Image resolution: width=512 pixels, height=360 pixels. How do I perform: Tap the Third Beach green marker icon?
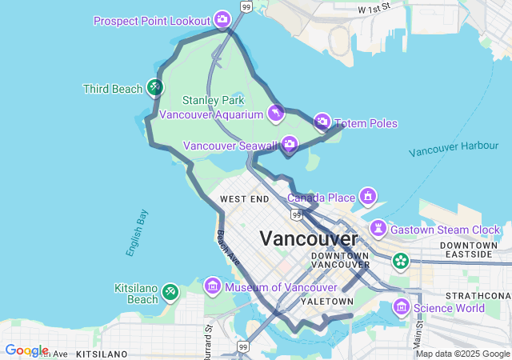pyautogui.click(x=155, y=87)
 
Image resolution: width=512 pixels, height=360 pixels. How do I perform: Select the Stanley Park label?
pyautogui.click(x=213, y=101)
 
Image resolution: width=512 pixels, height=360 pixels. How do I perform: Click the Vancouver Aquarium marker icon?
pyautogui.click(x=276, y=114)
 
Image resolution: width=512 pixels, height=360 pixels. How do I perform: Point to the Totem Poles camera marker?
pyautogui.click(x=322, y=122)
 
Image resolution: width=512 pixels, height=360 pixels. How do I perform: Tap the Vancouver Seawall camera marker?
pyautogui.click(x=290, y=144)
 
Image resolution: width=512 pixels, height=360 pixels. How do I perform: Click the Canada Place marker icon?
pyautogui.click(x=368, y=196)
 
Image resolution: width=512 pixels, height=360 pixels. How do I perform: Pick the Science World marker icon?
pyautogui.click(x=402, y=307)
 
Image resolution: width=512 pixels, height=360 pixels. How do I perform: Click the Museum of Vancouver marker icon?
pyautogui.click(x=213, y=286)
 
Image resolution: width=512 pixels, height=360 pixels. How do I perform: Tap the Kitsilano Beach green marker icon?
pyautogui.click(x=170, y=292)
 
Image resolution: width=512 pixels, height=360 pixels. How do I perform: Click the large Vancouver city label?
pyautogui.click(x=309, y=238)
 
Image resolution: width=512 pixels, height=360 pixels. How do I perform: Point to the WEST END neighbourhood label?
pyautogui.click(x=245, y=199)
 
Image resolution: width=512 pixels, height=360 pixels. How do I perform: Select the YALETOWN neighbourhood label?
pyautogui.click(x=326, y=302)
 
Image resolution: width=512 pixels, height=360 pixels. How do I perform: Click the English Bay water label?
pyautogui.click(x=137, y=233)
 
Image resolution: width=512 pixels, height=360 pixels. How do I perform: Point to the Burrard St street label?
pyautogui.click(x=208, y=336)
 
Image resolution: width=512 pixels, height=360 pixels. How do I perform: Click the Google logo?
pyautogui.click(x=26, y=350)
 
